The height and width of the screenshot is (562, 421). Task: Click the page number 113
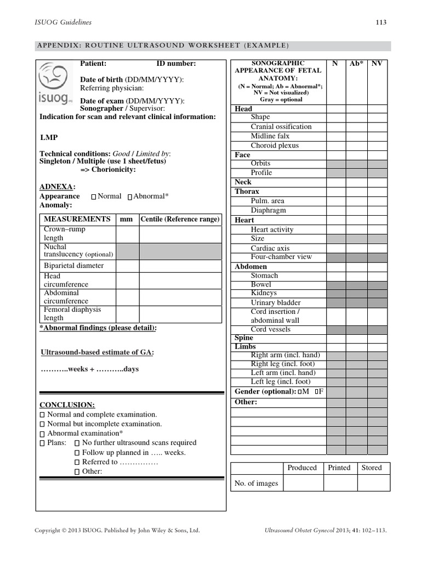tap(380, 23)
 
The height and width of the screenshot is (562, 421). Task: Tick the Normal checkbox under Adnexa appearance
tap(94, 196)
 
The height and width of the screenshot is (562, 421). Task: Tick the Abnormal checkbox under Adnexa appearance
tap(129, 196)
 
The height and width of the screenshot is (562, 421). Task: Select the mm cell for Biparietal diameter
tap(127, 266)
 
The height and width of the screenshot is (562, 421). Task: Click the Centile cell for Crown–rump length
tap(180, 234)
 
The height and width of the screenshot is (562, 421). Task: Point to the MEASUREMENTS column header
tap(77, 219)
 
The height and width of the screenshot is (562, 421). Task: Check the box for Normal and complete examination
tap(43, 415)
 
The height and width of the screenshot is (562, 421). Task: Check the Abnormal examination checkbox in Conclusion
tap(43, 434)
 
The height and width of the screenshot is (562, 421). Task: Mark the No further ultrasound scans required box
tap(77, 443)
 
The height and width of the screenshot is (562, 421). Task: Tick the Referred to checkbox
tap(77, 462)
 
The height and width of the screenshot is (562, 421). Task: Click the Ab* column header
tap(356, 64)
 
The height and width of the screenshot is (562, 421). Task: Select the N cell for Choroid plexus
tap(335, 145)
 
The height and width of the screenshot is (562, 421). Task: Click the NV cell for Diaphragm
tap(377, 210)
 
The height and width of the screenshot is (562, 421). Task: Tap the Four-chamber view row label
tap(281, 257)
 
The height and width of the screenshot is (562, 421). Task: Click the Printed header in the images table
tap(339, 468)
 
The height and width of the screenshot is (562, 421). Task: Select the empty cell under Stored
tap(373, 483)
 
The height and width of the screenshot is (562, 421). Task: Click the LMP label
tap(49, 137)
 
